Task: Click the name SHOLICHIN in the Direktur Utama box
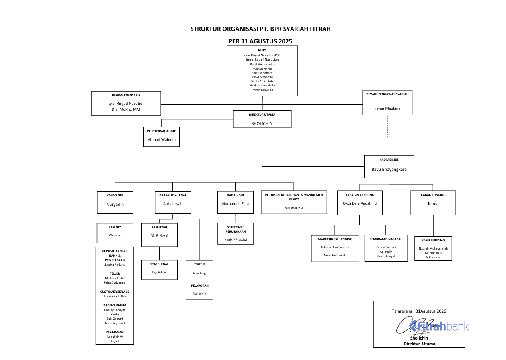[262, 123]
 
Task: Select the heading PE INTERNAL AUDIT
[161, 131]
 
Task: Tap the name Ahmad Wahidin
[161, 140]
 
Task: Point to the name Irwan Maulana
[387, 108]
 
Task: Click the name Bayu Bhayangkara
[389, 169]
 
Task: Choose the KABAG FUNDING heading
[433, 195]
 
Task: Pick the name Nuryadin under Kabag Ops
[115, 204]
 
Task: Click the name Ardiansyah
[172, 204]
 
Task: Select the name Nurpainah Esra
[235, 204]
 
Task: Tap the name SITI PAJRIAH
[293, 208]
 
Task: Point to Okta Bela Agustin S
[359, 203]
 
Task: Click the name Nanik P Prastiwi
[235, 239]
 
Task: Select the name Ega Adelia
[159, 272]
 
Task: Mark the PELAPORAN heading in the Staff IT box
[199, 286]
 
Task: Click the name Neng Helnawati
[335, 255]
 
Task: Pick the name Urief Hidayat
[386, 256]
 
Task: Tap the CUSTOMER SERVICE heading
[115, 292]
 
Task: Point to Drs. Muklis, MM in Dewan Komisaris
[126, 110]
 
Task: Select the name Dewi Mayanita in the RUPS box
[262, 77]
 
